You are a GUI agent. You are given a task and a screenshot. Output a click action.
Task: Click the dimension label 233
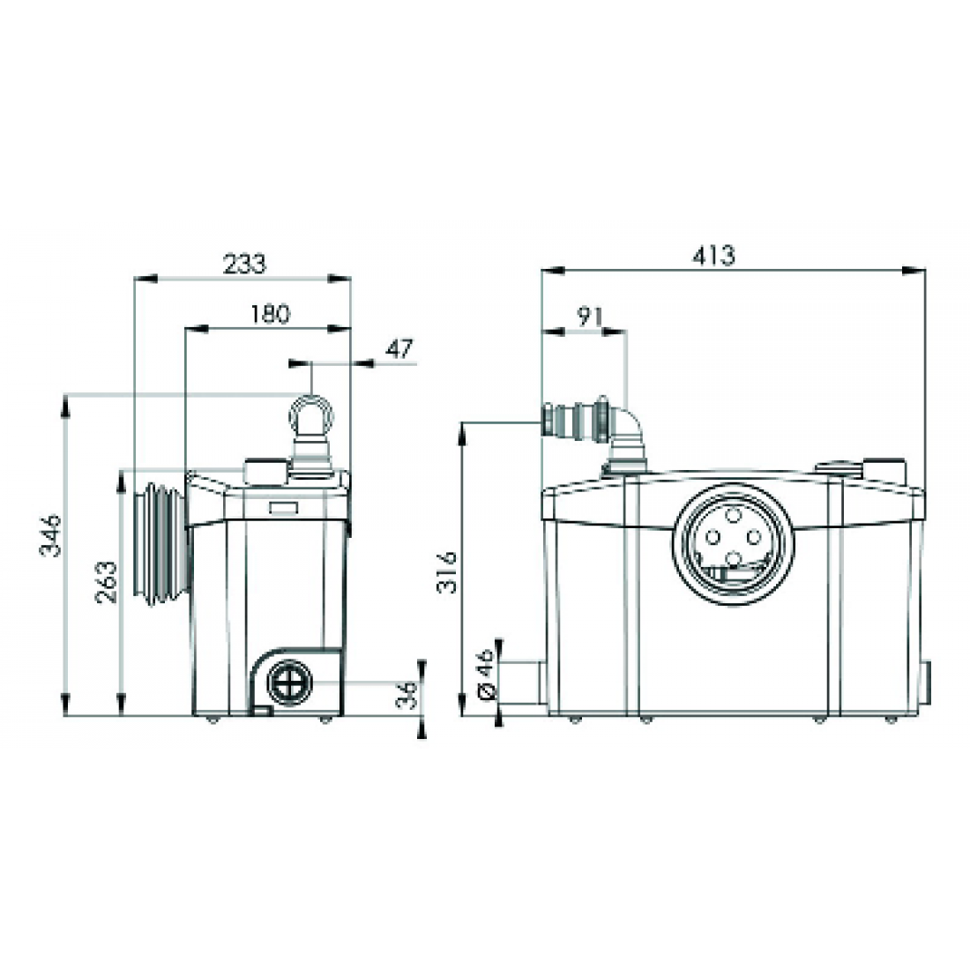(x=244, y=265)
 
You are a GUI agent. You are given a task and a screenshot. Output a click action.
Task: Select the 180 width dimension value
(x=271, y=314)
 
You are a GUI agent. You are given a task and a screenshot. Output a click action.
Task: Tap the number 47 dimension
(x=399, y=349)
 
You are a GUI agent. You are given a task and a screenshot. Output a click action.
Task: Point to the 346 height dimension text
(x=51, y=536)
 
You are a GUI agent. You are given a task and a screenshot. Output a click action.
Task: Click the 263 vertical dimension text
(x=106, y=582)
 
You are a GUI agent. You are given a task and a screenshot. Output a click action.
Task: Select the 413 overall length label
(x=713, y=256)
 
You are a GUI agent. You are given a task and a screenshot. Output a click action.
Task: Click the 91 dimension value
(x=590, y=317)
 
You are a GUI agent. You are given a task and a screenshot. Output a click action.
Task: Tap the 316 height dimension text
(x=447, y=572)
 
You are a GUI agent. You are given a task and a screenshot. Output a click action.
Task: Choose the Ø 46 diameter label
(x=486, y=675)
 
